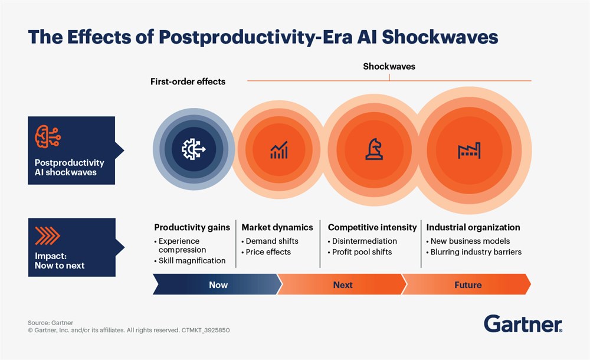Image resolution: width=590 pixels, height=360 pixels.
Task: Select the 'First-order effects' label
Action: [188, 81]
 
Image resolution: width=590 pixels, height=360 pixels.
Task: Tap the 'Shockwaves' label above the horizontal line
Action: [389, 67]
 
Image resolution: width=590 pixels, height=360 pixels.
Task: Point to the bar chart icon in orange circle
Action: [279, 149]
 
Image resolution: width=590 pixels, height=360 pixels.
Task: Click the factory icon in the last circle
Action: [468, 150]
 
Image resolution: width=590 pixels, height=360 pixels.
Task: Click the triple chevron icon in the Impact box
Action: [48, 236]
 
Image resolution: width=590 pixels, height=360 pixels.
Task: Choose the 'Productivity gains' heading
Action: [192, 227]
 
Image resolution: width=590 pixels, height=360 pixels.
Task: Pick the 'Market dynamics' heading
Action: [277, 227]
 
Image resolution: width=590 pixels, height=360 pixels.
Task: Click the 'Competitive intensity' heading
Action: [372, 227]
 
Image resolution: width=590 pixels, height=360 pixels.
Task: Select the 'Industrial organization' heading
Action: [473, 227]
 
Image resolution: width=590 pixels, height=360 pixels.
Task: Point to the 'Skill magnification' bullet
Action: [192, 260]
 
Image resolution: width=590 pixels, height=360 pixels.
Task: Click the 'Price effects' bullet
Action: [268, 252]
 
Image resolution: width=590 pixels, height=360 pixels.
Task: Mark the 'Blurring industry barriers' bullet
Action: [476, 252]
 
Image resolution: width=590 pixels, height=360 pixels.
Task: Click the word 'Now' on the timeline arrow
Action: [218, 284]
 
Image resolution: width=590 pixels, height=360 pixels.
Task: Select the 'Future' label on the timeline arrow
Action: [468, 284]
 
